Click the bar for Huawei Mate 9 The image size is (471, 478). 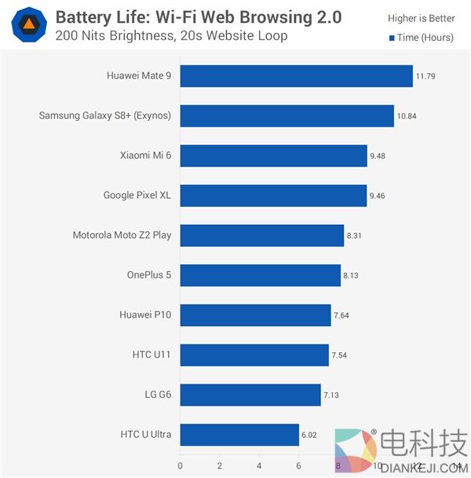(x=297, y=75)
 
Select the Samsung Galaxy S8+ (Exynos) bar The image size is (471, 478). (x=287, y=116)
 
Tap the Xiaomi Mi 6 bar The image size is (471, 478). (x=274, y=156)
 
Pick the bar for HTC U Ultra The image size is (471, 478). (x=240, y=434)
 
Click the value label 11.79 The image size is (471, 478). (x=425, y=76)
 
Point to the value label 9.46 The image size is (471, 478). (x=379, y=196)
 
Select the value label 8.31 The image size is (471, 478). (x=356, y=235)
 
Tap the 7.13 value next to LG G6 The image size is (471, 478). (x=333, y=395)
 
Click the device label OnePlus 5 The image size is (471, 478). (x=148, y=275)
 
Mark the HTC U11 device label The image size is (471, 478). (x=151, y=355)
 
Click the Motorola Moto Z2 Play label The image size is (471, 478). (x=122, y=235)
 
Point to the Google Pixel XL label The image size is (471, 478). (x=137, y=195)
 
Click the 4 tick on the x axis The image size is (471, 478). (x=259, y=465)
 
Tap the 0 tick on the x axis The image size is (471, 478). (x=181, y=465)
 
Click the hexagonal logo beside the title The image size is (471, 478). (x=27, y=24)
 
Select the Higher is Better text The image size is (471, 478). (x=421, y=18)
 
